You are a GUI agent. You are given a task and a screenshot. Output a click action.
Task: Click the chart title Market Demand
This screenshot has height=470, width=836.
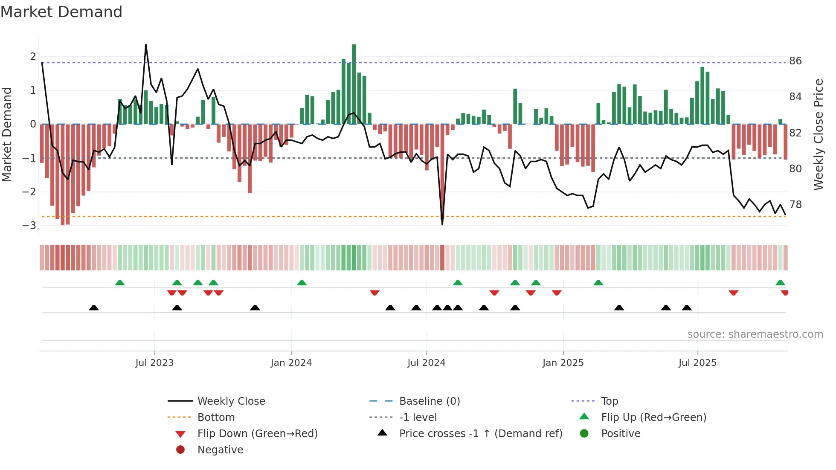(x=61, y=12)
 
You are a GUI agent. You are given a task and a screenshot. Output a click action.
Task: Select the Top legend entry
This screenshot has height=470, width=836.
(x=609, y=401)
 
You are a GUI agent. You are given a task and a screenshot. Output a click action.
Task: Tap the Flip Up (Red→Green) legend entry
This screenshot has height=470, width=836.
(x=653, y=417)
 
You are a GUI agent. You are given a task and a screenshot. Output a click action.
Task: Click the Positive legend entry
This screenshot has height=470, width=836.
(x=621, y=433)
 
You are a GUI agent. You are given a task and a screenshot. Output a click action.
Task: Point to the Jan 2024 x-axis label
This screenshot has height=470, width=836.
(x=291, y=363)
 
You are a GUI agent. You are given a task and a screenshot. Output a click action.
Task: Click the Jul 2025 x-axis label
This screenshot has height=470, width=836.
(x=697, y=363)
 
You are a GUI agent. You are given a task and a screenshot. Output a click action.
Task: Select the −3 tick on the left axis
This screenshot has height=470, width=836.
(x=29, y=225)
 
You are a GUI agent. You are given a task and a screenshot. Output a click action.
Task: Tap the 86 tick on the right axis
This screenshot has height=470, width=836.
(x=795, y=61)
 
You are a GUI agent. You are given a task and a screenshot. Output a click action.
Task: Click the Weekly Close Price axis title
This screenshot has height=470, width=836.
(x=818, y=134)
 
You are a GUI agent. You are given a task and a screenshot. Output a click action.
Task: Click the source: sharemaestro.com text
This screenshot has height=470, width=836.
(x=755, y=334)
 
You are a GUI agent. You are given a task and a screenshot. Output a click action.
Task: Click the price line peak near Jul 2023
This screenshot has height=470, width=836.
(x=146, y=45)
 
